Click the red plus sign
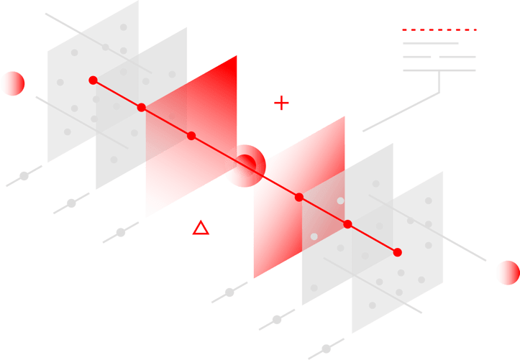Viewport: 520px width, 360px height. [281, 103]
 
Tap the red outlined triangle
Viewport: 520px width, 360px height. [201, 229]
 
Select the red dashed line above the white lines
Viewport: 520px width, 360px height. [439, 29]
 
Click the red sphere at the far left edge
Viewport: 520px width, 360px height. [13, 84]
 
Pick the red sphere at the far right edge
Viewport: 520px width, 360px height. [508, 273]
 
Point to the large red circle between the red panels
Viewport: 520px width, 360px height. [246, 165]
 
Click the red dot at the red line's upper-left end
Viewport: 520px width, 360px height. [93, 80]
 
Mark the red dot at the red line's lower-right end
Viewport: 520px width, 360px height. [398, 252]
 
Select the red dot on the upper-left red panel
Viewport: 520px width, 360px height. [191, 136]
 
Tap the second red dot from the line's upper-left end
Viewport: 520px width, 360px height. [142, 108]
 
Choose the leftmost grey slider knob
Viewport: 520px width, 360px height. [24, 176]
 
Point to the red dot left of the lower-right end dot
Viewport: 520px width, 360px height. [347, 224]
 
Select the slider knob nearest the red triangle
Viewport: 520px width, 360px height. [121, 232]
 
